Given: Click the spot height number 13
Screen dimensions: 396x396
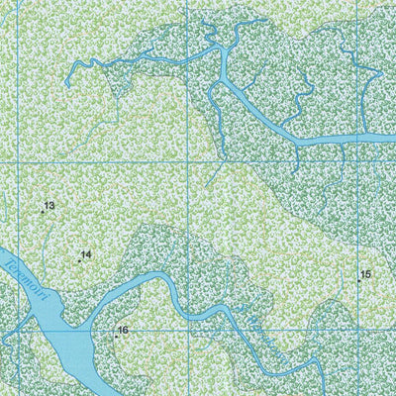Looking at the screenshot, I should tap(49, 206).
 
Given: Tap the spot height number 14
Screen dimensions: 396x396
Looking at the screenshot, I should tap(86, 254).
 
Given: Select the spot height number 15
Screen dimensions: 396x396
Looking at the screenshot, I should tap(365, 274).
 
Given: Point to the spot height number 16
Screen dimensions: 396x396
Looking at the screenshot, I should tap(123, 331).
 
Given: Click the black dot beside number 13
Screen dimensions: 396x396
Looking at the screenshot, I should tap(43, 212).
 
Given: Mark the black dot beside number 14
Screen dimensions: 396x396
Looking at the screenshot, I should tap(79, 260).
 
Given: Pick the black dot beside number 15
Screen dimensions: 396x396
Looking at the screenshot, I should tap(358, 281).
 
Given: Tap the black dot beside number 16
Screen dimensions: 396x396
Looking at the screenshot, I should tap(116, 337).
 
